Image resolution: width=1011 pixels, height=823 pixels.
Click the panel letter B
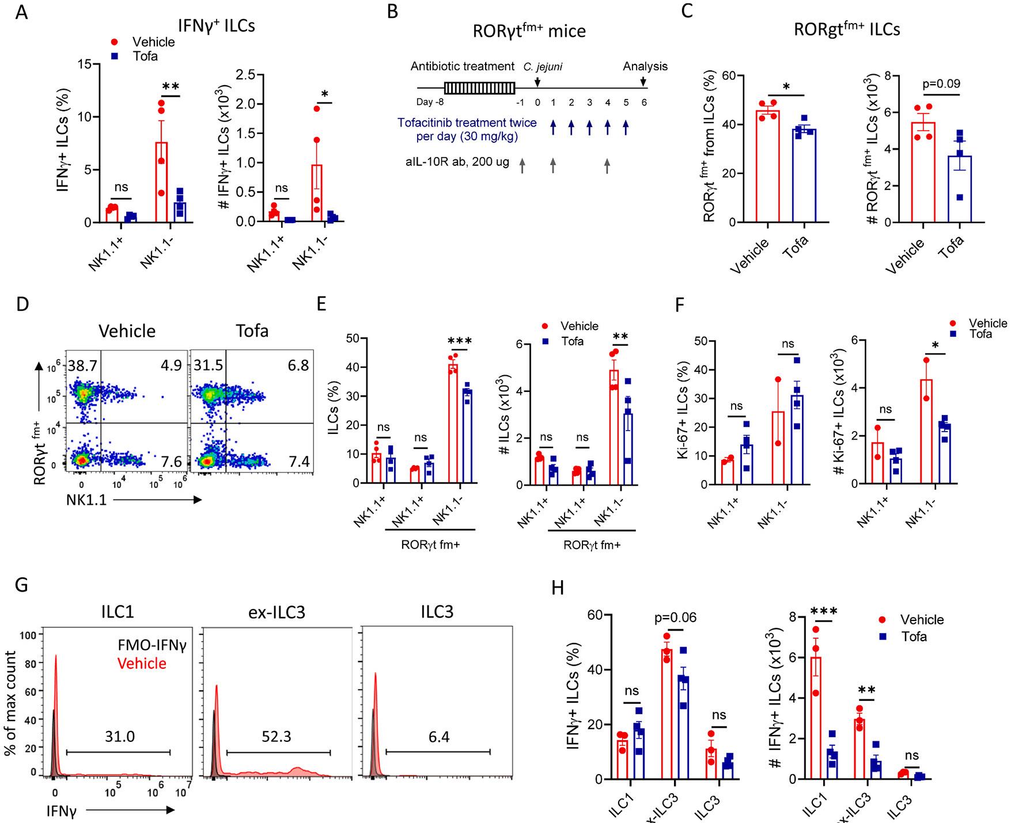[392, 11]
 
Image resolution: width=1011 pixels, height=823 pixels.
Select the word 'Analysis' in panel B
[645, 66]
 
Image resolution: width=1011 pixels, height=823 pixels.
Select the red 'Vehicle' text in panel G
[142, 663]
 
